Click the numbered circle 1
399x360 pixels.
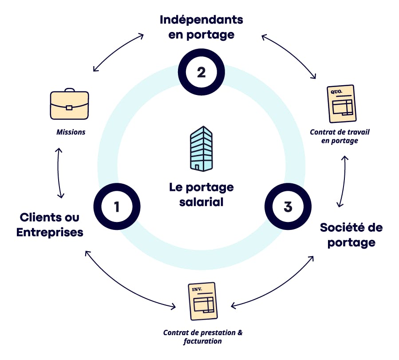(x=117, y=207)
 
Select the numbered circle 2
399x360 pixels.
(x=201, y=72)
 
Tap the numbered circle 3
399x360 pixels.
(x=288, y=207)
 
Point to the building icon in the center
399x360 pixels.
(x=201, y=148)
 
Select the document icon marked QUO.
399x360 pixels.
(x=342, y=103)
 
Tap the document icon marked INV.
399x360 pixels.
(x=203, y=301)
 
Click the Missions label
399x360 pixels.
(x=71, y=132)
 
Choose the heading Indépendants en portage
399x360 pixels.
(x=201, y=27)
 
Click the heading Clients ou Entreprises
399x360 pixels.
(x=50, y=225)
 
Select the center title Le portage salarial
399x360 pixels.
(x=201, y=194)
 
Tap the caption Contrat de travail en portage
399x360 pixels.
(x=340, y=136)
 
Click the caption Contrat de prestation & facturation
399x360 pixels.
(x=203, y=337)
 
